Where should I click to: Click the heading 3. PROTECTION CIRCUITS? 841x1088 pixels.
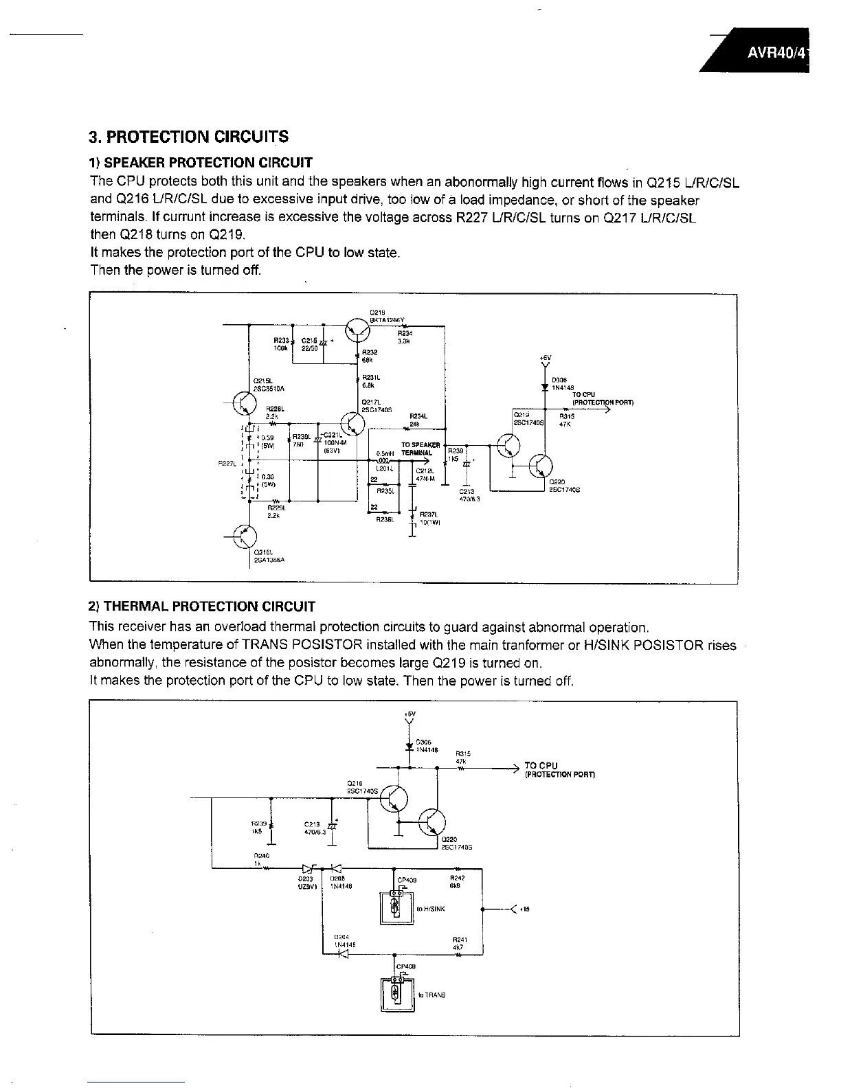(189, 136)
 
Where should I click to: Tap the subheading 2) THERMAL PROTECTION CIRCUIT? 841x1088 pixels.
(203, 607)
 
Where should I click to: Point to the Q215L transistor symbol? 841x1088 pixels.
(245, 404)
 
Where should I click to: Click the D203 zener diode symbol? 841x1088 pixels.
(306, 868)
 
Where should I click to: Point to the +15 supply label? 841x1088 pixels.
(524, 909)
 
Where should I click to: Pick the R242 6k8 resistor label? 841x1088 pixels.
(457, 881)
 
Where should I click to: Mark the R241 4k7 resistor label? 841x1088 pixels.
(459, 943)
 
